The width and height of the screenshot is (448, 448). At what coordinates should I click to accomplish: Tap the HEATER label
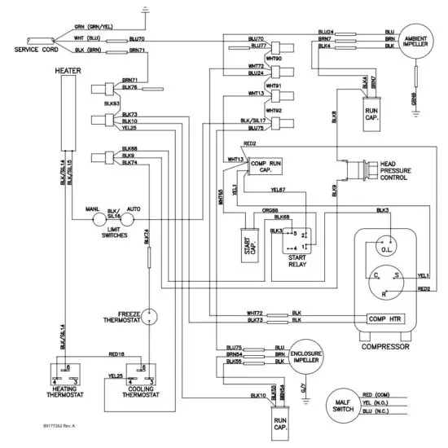pyautogui.click(x=67, y=71)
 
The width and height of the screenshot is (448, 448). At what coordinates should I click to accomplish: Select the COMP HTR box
pyautogui.click(x=386, y=318)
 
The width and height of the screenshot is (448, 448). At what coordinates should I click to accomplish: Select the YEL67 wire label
pyautogui.click(x=279, y=191)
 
